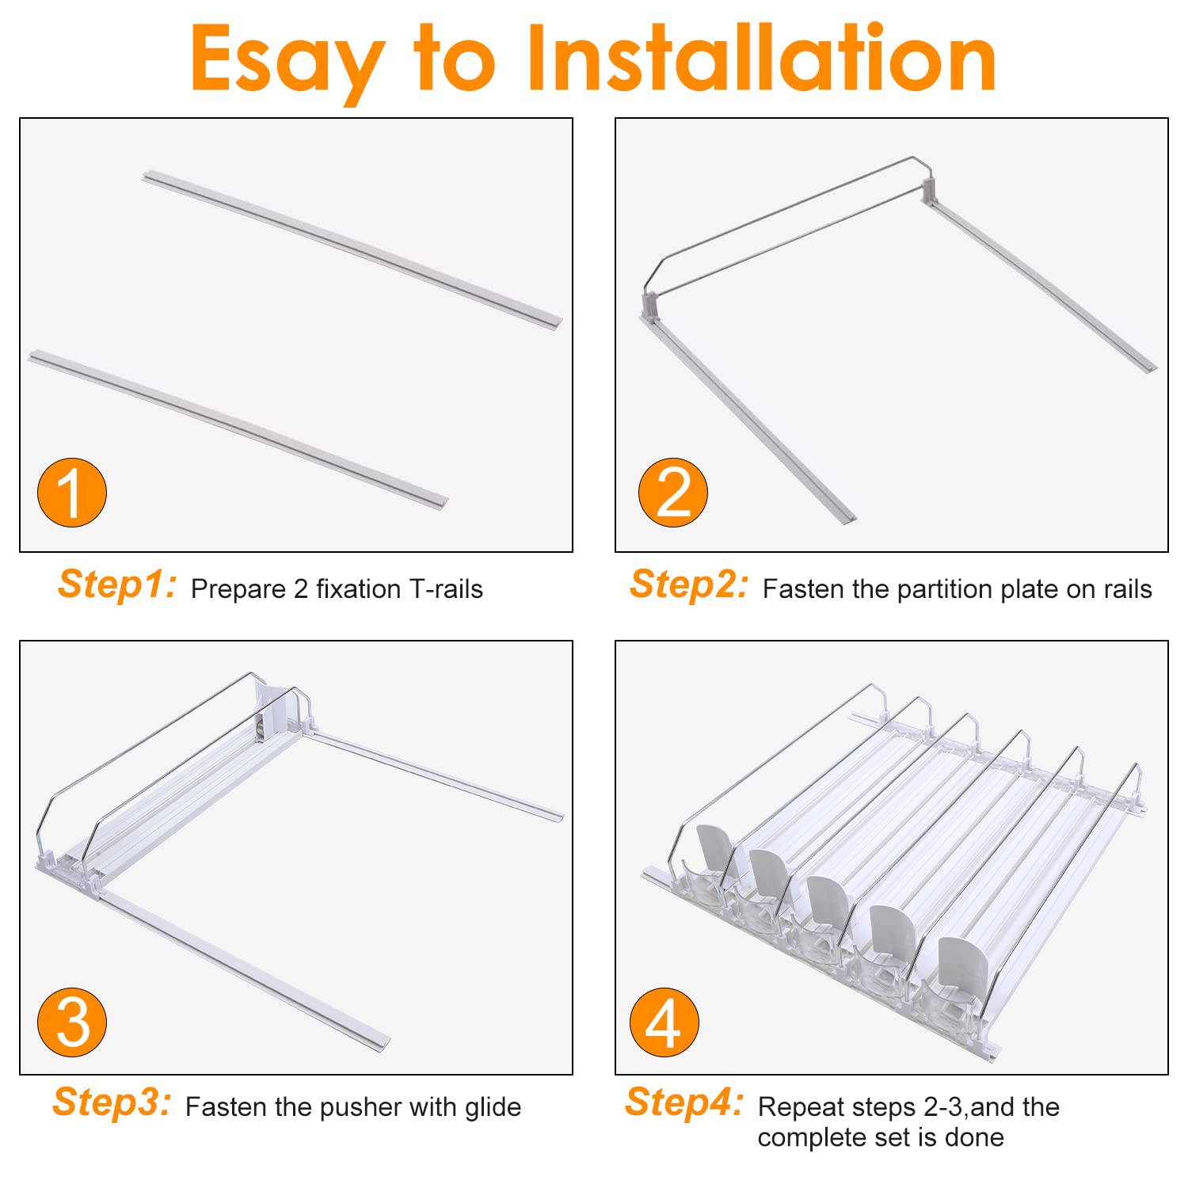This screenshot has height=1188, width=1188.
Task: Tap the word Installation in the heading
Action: (x=761, y=57)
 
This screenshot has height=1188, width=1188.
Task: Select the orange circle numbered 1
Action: (x=72, y=492)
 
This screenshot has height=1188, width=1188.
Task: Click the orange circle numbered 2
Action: (x=673, y=492)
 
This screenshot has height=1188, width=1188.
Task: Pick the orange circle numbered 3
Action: (x=72, y=1022)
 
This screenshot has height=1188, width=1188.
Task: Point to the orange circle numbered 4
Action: (x=664, y=1022)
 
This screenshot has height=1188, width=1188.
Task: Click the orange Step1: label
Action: (x=117, y=585)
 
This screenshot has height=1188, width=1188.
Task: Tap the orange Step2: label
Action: (x=689, y=585)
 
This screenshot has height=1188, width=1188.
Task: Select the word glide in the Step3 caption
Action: (x=493, y=1107)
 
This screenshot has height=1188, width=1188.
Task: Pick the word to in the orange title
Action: (x=455, y=59)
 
